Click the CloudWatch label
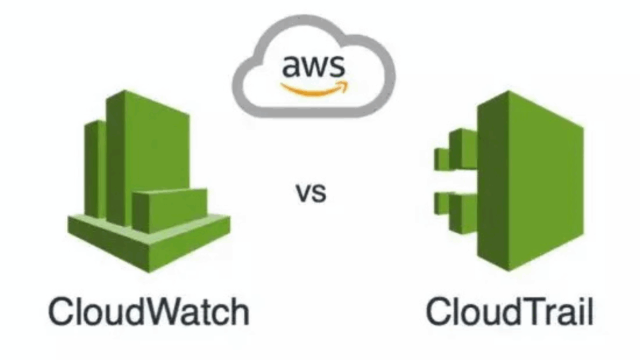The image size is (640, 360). click(x=149, y=311)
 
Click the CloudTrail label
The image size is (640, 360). click(x=509, y=311)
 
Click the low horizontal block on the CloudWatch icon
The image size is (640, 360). click(x=169, y=209)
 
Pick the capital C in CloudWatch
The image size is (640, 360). click(x=62, y=311)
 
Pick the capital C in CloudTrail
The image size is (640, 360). click(x=441, y=311)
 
